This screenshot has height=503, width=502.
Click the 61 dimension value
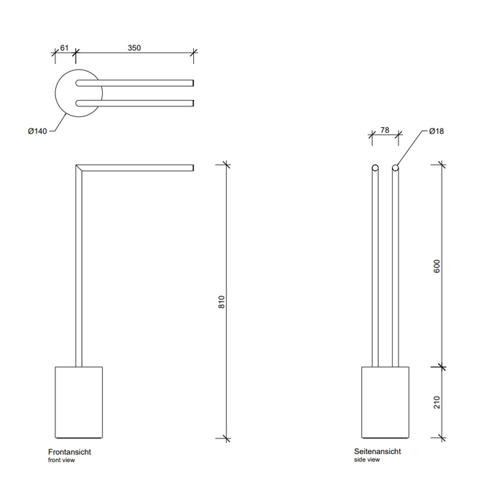coord(64,48)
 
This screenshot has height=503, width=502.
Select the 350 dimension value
coord(134,48)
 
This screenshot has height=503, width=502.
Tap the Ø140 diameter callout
coord(37,131)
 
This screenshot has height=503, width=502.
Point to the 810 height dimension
coord(221,302)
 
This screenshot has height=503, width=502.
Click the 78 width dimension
coord(385,130)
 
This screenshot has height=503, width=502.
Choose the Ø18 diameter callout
coord(436,131)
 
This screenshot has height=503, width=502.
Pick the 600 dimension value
coord(437,267)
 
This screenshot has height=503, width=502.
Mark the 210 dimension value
coord(437,402)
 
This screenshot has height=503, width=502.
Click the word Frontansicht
coord(70,452)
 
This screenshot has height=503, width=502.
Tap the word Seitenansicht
coord(377,451)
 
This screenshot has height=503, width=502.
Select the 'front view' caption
coord(61,460)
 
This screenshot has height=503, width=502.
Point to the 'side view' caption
coord(367,459)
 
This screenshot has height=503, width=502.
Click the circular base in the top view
coord(79,93)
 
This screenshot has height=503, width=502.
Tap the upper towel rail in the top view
coord(134,83)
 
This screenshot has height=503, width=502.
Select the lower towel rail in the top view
coord(134,103)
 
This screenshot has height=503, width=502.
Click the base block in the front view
coord(79,402)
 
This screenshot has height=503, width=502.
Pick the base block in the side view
coord(386,402)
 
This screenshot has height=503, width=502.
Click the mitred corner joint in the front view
coord(79,167)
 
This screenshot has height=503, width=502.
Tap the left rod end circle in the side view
coord(375,167)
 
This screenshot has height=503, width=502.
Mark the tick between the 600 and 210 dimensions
coord(442,366)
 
